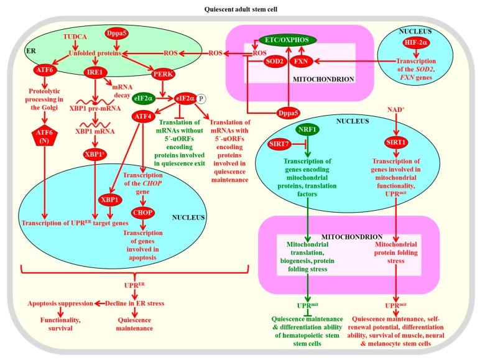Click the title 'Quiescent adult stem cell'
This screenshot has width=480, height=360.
pos(241,9)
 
